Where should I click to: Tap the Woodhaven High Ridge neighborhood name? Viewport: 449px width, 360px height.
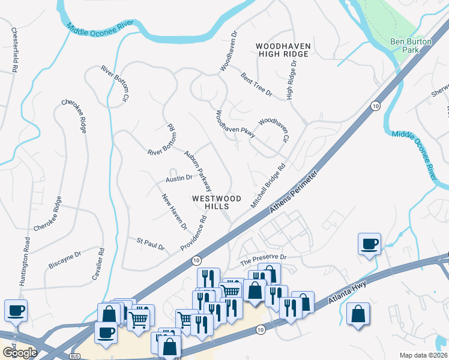pos(282,50)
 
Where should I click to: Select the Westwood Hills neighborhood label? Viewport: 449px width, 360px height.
pos(217,202)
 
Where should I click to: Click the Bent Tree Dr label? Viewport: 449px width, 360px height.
pos(256,85)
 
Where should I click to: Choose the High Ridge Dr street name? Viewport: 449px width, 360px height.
pos(292,79)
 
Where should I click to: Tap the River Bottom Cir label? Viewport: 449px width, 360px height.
pos(116,82)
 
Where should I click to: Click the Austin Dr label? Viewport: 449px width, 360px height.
pos(179,178)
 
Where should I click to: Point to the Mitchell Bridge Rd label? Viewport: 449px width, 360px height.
pos(268,187)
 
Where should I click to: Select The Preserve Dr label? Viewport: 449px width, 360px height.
pos(265,259)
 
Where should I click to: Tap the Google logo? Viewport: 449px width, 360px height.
pos(19,353)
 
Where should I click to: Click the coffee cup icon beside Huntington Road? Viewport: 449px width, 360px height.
pos(15,311)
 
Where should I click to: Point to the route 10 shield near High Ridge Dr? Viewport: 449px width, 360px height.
pos(375,106)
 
